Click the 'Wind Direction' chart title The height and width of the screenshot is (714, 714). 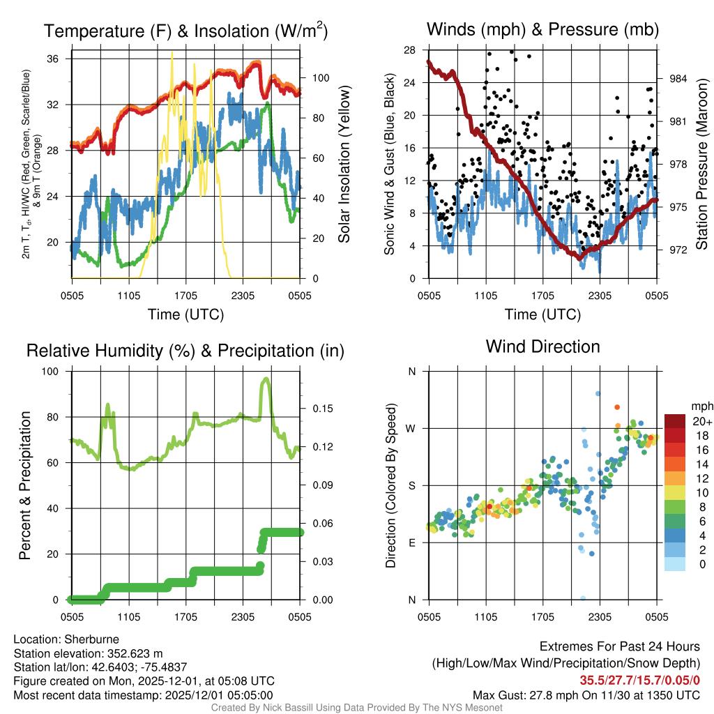click(542, 347)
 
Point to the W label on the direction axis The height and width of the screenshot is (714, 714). click(411, 428)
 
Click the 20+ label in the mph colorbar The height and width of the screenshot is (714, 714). click(701, 422)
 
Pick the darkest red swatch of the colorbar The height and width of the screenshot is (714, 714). click(676, 421)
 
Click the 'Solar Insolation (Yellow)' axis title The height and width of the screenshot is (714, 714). click(344, 165)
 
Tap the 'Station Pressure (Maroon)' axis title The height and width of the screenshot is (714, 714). click(701, 165)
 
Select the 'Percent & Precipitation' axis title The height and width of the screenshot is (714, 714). click(25, 485)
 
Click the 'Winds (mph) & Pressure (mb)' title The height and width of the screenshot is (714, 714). click(542, 30)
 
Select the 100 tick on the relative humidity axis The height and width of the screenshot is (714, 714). click(59, 371)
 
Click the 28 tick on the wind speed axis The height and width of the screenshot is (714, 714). click(410, 50)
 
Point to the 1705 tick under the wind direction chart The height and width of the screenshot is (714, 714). click(542, 617)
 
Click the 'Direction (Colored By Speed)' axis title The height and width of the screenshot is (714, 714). click(391, 485)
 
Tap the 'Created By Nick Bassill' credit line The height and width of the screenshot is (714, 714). click(356, 708)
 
